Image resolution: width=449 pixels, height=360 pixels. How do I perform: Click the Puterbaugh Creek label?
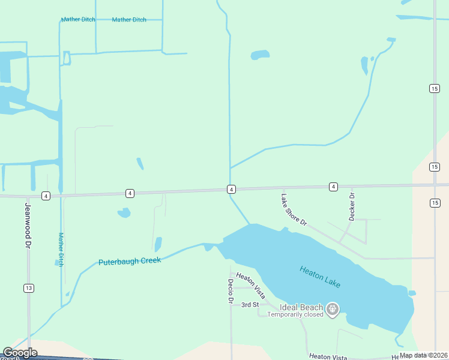point(130,262)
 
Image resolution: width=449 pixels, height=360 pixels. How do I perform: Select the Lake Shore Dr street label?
point(294,209)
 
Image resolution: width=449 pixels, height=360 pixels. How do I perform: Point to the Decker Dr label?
point(352,205)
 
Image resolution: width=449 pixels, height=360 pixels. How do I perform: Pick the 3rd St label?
point(250,305)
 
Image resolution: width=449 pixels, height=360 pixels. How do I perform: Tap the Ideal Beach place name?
point(301,307)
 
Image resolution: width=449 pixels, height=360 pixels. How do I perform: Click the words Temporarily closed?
point(295,314)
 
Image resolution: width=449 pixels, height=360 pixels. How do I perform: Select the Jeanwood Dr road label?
point(27,225)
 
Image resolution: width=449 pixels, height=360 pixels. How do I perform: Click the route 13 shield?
point(28,289)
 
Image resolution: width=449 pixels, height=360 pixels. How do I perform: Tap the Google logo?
point(20,353)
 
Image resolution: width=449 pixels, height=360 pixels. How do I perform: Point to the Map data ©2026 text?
point(423,355)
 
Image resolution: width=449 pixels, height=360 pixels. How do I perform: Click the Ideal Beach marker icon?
point(333,310)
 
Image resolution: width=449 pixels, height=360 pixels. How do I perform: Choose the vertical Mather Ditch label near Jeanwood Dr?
point(61,249)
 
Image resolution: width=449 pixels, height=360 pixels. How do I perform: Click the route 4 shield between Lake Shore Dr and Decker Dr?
point(333,187)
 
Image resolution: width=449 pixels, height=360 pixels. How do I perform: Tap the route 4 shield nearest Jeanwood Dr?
point(46,196)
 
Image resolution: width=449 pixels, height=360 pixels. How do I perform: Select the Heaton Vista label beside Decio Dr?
point(251,284)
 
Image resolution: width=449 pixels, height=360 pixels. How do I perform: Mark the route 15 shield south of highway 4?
point(435,203)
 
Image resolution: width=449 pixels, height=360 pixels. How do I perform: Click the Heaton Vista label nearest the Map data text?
point(328,356)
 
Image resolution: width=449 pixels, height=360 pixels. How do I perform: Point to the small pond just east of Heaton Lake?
point(412,293)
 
